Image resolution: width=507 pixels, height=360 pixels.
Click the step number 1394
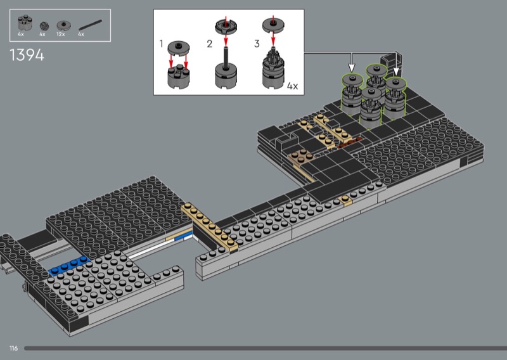tap(27, 55)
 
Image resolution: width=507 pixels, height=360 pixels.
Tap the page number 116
tap(13, 348)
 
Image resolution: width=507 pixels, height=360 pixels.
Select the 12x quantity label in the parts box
tap(61, 34)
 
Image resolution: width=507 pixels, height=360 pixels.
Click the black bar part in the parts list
tap(90, 25)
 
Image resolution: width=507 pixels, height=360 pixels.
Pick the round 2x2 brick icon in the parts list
tap(25, 23)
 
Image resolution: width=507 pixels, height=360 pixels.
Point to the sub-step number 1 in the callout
tap(162, 43)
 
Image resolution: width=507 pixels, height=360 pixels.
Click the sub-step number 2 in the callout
tap(210, 44)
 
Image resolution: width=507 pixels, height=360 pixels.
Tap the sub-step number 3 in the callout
tap(257, 44)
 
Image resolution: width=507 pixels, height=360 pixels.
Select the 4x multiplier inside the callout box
tap(292, 86)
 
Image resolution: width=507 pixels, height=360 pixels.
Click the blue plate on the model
tap(69, 265)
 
